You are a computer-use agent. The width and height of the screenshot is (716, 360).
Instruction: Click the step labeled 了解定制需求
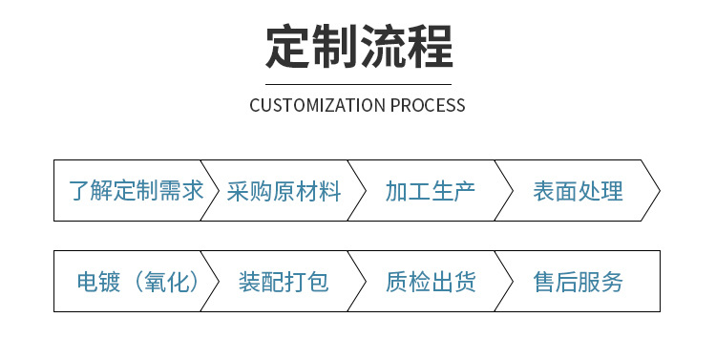coord(137,191)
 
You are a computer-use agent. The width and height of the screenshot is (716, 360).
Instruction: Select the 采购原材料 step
coord(284,191)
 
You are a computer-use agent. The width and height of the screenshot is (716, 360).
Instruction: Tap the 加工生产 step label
coord(431,191)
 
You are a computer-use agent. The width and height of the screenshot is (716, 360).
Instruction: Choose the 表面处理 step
coord(578,191)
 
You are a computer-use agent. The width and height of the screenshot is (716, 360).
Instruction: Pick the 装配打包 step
coord(284,282)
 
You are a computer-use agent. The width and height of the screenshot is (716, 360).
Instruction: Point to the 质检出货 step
coord(431,282)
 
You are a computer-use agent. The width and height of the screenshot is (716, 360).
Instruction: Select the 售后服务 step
coord(578,282)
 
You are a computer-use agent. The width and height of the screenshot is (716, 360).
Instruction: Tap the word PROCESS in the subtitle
coord(428,105)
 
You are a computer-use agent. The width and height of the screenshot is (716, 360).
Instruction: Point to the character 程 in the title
coord(429,45)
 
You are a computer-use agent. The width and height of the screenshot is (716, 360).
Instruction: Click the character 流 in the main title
coord(382,45)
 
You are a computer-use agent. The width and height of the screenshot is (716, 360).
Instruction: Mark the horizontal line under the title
coord(358,84)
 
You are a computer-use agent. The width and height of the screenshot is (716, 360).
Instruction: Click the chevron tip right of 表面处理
coord(658,190)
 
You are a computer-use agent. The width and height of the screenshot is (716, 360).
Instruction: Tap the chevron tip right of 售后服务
coord(658,281)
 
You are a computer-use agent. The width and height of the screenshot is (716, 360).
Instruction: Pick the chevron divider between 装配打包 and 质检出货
coord(357,281)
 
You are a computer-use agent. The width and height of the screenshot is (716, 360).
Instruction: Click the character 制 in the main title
coord(334,45)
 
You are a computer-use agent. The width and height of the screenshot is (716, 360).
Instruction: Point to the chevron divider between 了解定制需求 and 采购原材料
coord(210,190)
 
